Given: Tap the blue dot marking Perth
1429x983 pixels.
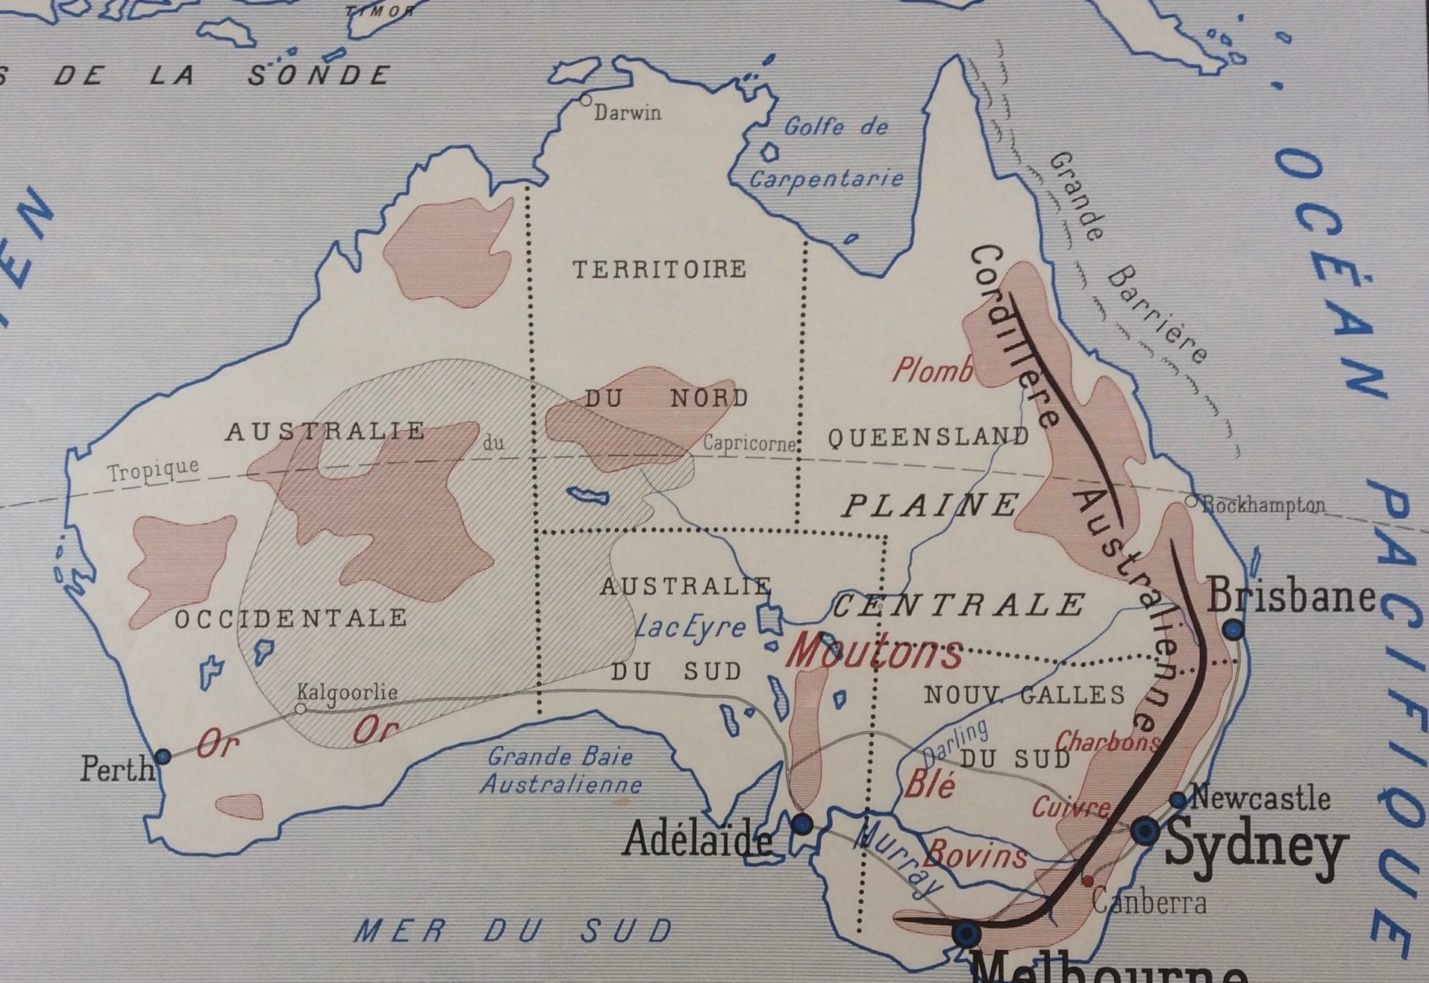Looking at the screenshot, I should [163, 757].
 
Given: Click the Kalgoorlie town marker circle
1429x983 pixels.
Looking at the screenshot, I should [300, 709].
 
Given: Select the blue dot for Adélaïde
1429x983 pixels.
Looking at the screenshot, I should [801, 824].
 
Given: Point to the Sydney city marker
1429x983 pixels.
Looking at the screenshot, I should [1145, 830].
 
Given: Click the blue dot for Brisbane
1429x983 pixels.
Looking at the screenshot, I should [1234, 629].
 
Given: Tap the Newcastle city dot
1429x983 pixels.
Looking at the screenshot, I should [1178, 800].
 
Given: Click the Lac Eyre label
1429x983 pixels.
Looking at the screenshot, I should [690, 628].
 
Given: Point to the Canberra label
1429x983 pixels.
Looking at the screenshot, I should [1148, 902].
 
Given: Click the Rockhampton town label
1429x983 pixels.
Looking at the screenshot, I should [1262, 505].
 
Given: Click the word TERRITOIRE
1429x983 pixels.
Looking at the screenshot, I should [659, 269].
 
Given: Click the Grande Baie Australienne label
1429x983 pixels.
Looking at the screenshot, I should [560, 770].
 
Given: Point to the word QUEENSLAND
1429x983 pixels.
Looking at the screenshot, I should [928, 436].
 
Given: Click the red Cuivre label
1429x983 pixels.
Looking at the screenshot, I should [1070, 808].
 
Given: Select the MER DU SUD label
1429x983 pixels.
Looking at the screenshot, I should [513, 931].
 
